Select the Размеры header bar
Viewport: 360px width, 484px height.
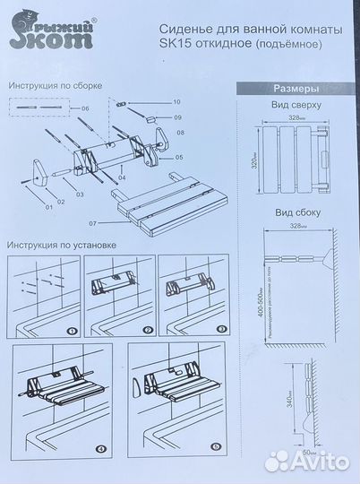[291, 89]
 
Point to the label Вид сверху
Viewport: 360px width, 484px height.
[291, 105]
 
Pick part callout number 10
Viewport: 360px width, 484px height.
[176, 103]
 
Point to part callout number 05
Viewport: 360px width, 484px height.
[179, 158]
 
